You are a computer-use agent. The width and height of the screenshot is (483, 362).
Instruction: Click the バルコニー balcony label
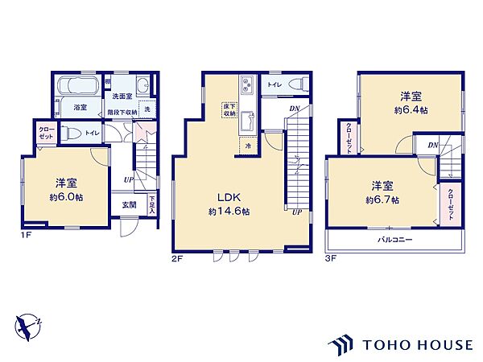point(394,240)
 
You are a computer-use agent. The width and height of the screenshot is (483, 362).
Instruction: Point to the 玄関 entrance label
point(129,204)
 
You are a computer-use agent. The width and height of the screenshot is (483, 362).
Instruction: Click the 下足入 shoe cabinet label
point(151,204)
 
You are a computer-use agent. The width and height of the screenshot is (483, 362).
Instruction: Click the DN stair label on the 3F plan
point(432,145)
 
